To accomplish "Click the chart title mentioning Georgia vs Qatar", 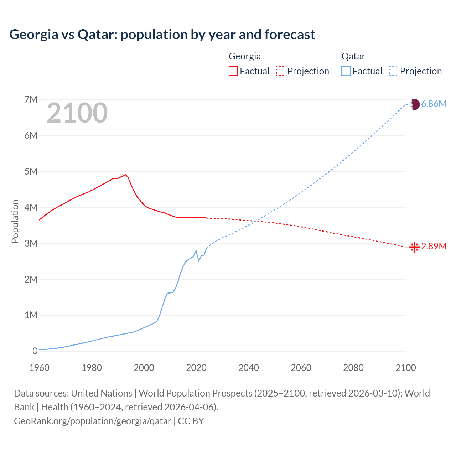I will point(162,35).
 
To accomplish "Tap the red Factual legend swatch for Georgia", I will point(233,71).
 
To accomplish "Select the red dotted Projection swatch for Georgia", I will point(281,71).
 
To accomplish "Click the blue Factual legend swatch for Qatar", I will point(346,71).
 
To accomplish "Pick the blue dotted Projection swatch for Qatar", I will point(394,71).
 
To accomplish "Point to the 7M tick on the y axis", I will point(31,99).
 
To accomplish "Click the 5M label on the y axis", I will point(31,171).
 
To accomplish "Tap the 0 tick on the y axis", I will point(35,351).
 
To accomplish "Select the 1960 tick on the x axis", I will point(39,368).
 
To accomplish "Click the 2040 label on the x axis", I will point(249,368).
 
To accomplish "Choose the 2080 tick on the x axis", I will point(353,368).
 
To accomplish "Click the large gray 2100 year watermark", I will point(77,113).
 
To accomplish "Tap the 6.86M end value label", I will point(434,104).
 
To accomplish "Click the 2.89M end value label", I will point(434,246).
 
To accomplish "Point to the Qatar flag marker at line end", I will point(415,104).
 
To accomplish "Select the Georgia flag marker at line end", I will point(414,247).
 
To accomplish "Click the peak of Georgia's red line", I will point(125,175).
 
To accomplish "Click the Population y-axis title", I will point(15,221).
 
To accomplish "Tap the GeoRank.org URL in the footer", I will point(93,421).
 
